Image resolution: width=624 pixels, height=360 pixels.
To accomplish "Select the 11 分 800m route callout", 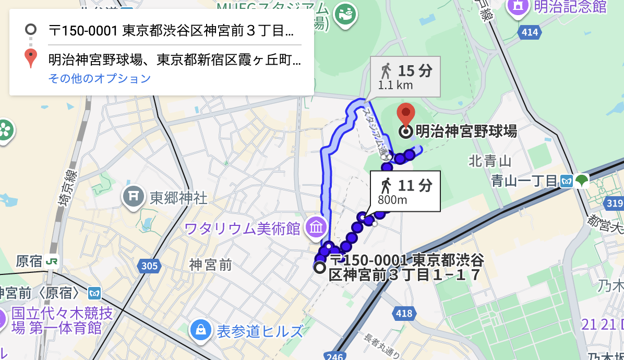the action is (x=405, y=191).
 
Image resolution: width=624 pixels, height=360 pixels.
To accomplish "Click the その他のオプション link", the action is (x=100, y=79).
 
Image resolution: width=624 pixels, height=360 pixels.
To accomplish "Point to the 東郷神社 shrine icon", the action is (x=134, y=197).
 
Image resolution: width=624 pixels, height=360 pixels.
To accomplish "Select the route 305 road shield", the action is (x=149, y=267).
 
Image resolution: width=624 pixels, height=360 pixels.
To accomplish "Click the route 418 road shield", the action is (x=404, y=314).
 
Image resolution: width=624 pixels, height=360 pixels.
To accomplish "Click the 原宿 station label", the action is (x=29, y=261).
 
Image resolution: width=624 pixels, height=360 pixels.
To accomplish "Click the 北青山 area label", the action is (x=489, y=161).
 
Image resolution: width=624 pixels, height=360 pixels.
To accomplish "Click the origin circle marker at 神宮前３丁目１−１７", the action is (x=319, y=267).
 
